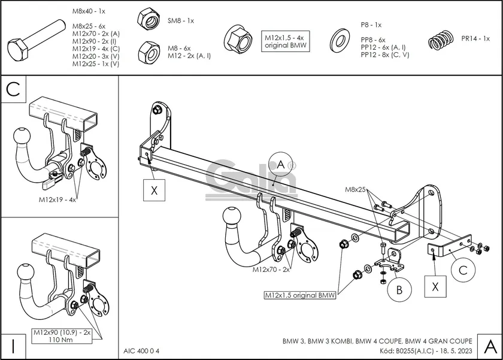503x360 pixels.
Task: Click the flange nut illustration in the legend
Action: click(x=237, y=38)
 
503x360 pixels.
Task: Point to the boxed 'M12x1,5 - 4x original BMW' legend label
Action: click(x=286, y=41)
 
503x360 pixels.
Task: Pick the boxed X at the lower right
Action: click(x=436, y=286)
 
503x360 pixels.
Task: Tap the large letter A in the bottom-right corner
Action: click(x=489, y=346)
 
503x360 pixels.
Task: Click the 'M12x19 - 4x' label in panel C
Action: click(x=57, y=199)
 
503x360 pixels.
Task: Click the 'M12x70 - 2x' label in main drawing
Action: click(x=271, y=270)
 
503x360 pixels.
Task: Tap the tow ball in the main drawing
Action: click(x=232, y=218)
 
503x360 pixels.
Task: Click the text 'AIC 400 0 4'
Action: click(x=142, y=350)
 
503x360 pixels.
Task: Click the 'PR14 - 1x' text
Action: click(x=475, y=38)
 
